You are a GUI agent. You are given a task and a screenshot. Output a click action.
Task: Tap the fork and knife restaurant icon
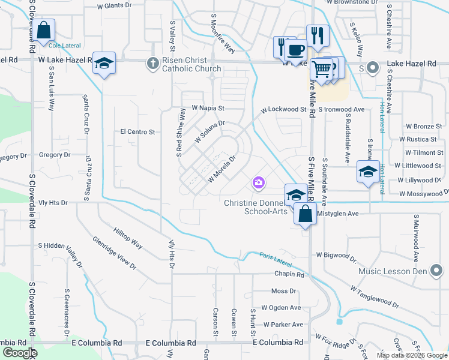[x=316, y=36]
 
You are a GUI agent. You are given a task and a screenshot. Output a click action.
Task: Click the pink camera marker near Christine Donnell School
[x=259, y=182]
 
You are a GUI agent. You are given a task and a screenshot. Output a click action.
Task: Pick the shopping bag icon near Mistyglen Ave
[x=306, y=214]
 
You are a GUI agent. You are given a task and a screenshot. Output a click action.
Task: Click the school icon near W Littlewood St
[x=367, y=172]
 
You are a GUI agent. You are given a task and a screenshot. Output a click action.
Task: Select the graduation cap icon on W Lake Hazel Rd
[x=104, y=64]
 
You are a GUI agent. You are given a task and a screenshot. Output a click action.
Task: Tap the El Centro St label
[x=137, y=131]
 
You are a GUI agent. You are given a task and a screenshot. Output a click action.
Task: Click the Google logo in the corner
[x=20, y=353]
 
